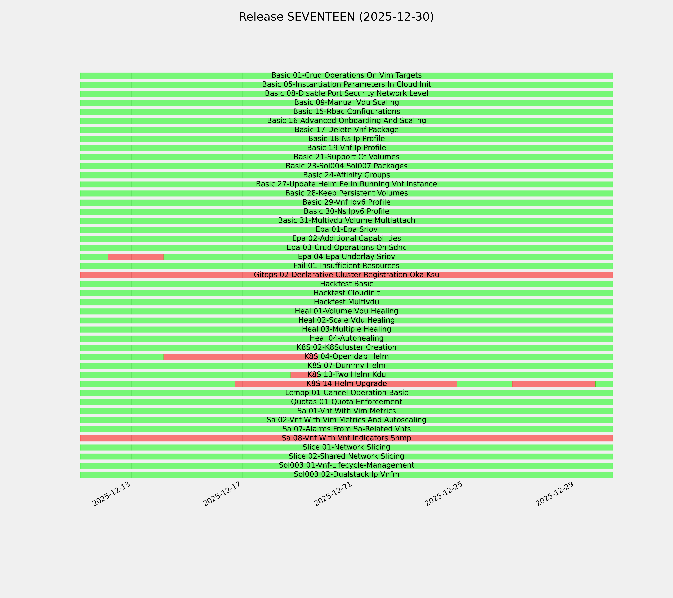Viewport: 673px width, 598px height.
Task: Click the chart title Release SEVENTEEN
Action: coord(336,17)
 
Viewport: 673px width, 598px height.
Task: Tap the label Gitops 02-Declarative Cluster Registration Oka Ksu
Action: coord(346,275)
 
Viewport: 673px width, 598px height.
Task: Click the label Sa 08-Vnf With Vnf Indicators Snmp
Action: coord(346,438)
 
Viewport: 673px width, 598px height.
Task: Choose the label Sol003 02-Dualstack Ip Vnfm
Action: coord(346,474)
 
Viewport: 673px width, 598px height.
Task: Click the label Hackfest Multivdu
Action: coord(346,302)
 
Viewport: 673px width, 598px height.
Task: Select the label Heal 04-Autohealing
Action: coord(346,338)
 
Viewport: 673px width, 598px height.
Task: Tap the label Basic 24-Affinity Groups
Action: coord(346,175)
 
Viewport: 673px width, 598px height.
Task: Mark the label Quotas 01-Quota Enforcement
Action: coord(346,402)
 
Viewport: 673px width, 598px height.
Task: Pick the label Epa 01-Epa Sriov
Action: coord(346,229)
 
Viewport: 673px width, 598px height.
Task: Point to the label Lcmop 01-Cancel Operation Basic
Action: coord(346,393)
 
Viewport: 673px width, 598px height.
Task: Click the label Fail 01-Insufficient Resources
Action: coord(346,266)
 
